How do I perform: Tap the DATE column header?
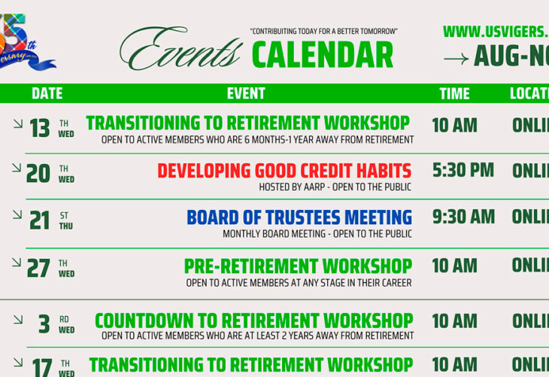[47, 93]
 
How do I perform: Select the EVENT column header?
[246, 93]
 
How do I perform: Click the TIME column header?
[454, 93]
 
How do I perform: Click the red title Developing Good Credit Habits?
[284, 171]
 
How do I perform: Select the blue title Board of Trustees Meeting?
[299, 217]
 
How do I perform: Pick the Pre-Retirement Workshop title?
[298, 266]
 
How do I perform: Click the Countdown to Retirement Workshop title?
[253, 321]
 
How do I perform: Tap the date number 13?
[39, 129]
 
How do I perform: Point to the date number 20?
[38, 174]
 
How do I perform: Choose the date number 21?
[39, 220]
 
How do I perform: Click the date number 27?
[38, 269]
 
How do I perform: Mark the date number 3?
[44, 324]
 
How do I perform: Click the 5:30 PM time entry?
[463, 171]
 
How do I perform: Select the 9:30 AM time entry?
[463, 217]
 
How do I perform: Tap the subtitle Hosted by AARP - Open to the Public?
[335, 187]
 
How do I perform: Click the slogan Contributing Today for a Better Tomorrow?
[323, 32]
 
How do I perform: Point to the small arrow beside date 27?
[17, 262]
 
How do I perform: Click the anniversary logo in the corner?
[26, 41]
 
